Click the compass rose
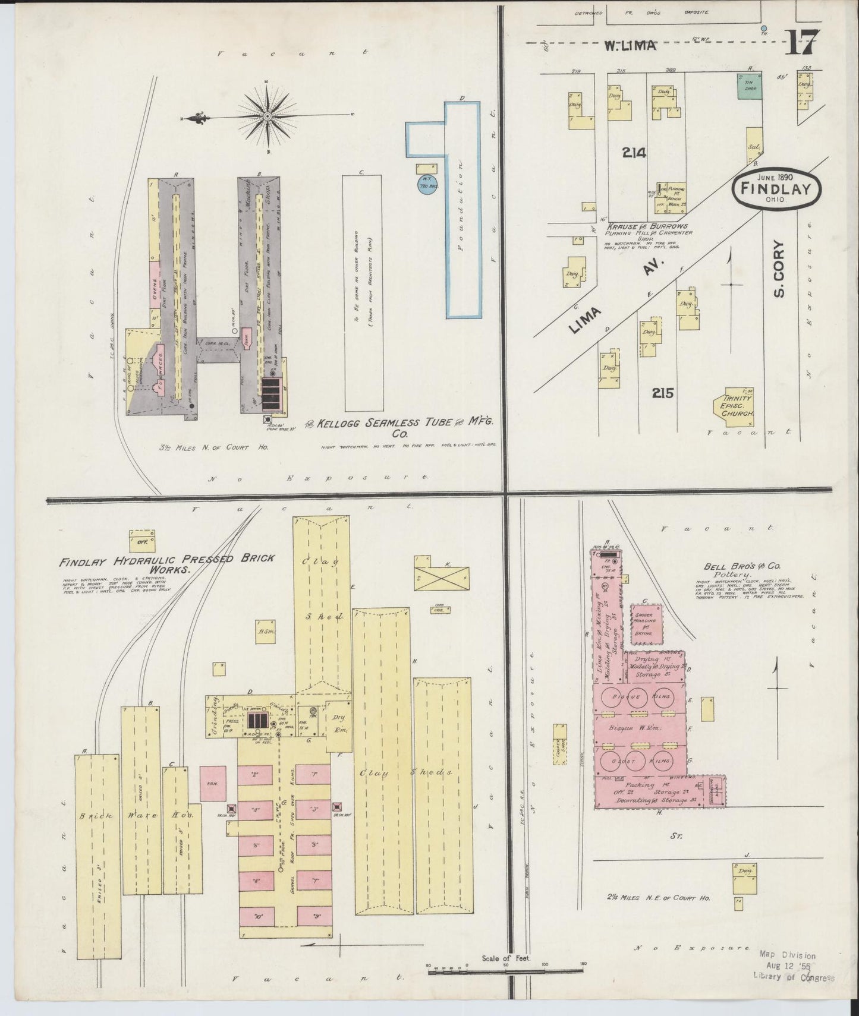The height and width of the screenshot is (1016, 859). [x=268, y=116]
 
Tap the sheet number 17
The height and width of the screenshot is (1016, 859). [x=802, y=43]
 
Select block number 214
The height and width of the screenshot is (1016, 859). [x=634, y=153]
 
